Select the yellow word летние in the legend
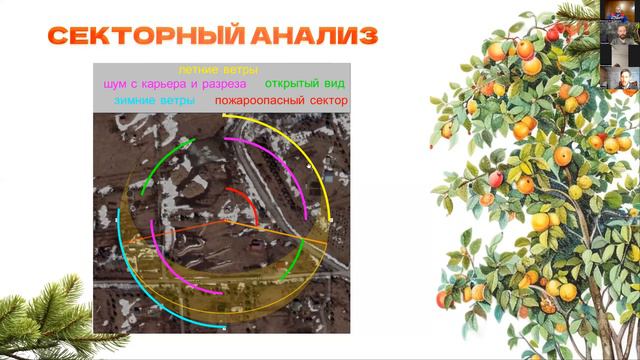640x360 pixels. pyautogui.click(x=198, y=71)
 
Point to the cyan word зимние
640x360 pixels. pyautogui.click(x=137, y=101)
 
